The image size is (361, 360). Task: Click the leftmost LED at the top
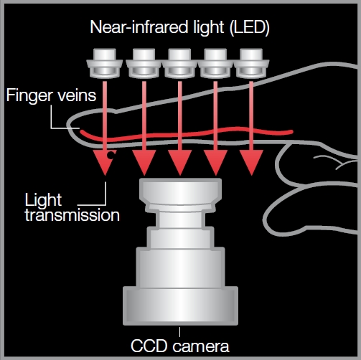[105, 63]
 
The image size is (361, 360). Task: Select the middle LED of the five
[179, 63]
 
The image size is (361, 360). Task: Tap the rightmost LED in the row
[251, 63]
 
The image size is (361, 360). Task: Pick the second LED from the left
[144, 63]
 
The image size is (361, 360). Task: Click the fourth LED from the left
[215, 63]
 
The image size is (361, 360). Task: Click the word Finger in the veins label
[28, 96]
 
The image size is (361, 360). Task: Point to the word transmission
[72, 215]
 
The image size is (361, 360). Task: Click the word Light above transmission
[43, 200]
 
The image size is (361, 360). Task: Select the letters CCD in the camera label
[149, 346]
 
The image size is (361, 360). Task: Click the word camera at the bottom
[201, 346]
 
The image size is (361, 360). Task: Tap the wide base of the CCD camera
[180, 305]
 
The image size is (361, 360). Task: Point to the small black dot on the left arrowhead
[111, 155]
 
